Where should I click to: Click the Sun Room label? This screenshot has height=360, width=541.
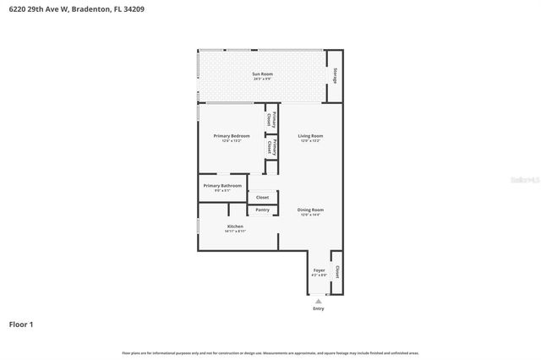click(262, 74)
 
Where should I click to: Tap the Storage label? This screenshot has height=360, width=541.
click(336, 75)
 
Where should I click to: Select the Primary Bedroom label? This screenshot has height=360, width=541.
click(231, 136)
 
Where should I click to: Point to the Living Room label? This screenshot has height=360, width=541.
click(310, 136)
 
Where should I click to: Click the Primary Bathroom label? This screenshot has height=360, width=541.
click(222, 186)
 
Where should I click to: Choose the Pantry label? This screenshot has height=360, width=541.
click(263, 210)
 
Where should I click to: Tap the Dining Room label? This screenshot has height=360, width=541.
click(310, 210)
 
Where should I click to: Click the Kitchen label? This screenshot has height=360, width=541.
click(235, 226)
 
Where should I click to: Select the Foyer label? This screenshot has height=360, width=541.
click(319, 270)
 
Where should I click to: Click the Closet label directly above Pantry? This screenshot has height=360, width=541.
click(263, 197)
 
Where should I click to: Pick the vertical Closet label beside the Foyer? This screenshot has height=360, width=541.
click(336, 272)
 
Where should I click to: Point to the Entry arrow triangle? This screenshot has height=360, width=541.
click(318, 300)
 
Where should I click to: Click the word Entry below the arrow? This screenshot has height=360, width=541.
click(318, 308)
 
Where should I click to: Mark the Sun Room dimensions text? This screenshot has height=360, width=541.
click(262, 79)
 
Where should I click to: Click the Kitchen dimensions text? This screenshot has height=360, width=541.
click(235, 232)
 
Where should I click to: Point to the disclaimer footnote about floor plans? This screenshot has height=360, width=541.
click(270, 352)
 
